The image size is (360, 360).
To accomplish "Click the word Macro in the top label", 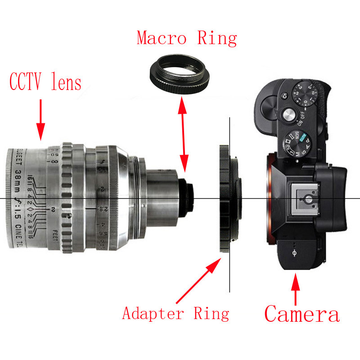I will point(161,38).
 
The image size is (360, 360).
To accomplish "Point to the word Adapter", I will point(153,313).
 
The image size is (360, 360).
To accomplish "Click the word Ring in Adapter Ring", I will point(211,313).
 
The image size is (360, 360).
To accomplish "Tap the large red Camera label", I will point(301,314).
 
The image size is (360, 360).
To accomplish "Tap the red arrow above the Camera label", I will point(295,288).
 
